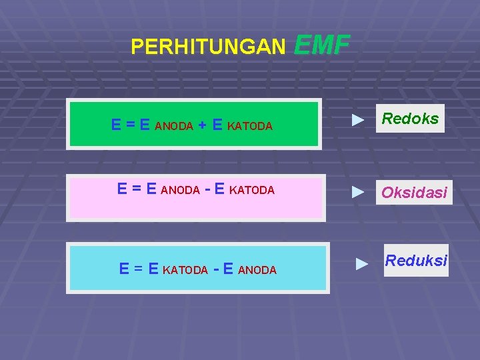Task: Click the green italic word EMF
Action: pyautogui.click(x=321, y=45)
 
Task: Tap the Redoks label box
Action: pyautogui.click(x=410, y=119)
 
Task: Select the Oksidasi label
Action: pyautogui.click(x=413, y=193)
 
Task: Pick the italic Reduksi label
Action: pyautogui.click(x=415, y=261)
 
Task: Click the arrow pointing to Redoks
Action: pyautogui.click(x=359, y=120)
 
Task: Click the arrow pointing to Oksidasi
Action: pyautogui.click(x=359, y=192)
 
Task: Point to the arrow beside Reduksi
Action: pyautogui.click(x=362, y=263)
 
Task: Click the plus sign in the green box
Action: pyautogui.click(x=202, y=125)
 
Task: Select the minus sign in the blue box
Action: pyautogui.click(x=216, y=269)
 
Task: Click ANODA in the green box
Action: pyautogui.click(x=174, y=126)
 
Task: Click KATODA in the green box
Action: pyautogui.click(x=250, y=126)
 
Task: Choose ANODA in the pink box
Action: pyautogui.click(x=181, y=190)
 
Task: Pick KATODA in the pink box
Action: pyautogui.click(x=251, y=190)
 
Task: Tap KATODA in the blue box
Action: pyautogui.click(x=185, y=270)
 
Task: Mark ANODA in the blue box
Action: pyautogui.click(x=257, y=270)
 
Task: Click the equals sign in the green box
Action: pyautogui.click(x=131, y=125)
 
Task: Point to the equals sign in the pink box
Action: pyautogui.click(x=137, y=189)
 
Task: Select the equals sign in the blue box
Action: pyautogui.click(x=139, y=269)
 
